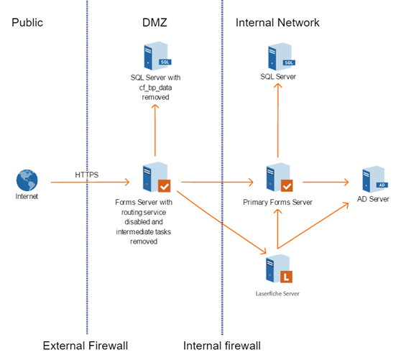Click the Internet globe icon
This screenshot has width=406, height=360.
[27, 180]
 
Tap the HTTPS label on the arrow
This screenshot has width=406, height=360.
[87, 175]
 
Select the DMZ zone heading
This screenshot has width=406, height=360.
[154, 23]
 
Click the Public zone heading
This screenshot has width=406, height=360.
[27, 23]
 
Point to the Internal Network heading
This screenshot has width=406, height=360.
[277, 23]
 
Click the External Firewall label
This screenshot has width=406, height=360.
[86, 346]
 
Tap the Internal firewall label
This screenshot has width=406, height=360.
[222, 346]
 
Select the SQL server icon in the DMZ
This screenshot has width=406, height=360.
[157, 55]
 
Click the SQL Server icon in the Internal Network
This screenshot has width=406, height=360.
[282, 57]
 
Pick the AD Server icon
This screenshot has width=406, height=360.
[375, 179]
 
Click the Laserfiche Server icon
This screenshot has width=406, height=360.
[279, 269]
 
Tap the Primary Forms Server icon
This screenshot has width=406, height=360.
[280, 177]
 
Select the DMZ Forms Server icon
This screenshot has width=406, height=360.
[157, 177]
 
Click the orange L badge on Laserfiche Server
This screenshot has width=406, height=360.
[286, 277]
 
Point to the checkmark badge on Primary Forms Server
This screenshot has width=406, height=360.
[287, 185]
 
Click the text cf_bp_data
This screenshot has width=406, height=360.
[155, 88]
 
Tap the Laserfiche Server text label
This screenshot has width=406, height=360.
[277, 294]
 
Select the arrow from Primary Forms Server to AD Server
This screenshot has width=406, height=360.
[326, 182]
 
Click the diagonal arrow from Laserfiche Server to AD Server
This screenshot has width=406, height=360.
[313, 226]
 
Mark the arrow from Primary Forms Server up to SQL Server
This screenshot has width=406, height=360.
[278, 120]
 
